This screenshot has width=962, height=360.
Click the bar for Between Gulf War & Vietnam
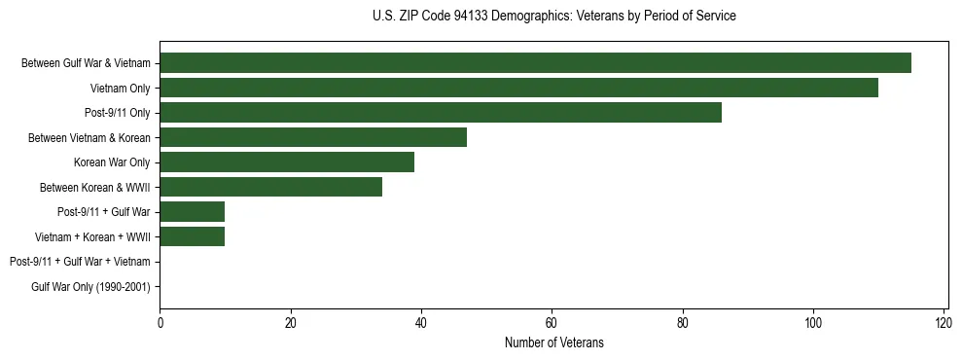coord(535,63)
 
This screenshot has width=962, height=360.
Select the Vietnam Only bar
coord(518,88)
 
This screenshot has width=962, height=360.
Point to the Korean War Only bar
coord(287,162)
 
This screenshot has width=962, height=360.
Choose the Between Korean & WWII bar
coord(270,187)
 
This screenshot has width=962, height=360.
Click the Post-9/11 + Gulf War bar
coord(193,212)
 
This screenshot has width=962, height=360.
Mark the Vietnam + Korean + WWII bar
coord(193,236)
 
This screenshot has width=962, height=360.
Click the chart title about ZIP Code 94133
coord(554,17)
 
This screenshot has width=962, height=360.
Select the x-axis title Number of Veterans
coord(554,342)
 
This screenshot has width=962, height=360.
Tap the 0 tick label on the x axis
coord(160,323)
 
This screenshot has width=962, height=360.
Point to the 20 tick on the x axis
coord(290,323)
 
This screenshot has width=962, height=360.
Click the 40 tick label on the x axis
coord(421,323)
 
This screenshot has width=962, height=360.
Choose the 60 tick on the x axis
coord(552,323)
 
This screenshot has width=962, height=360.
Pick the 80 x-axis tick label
coord(683,323)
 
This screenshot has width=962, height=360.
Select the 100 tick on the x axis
coord(813,323)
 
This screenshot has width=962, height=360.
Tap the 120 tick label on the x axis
coord(944,323)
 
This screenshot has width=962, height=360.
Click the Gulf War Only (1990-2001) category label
coord(90,286)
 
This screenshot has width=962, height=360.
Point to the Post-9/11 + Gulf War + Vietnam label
coord(80,262)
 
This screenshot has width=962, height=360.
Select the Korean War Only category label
coord(112,162)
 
